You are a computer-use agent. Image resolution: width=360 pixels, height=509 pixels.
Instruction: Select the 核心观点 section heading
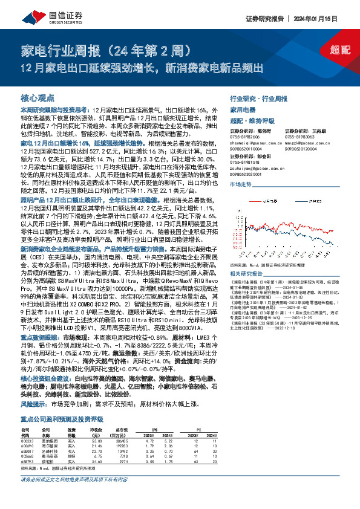point(38,97)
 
